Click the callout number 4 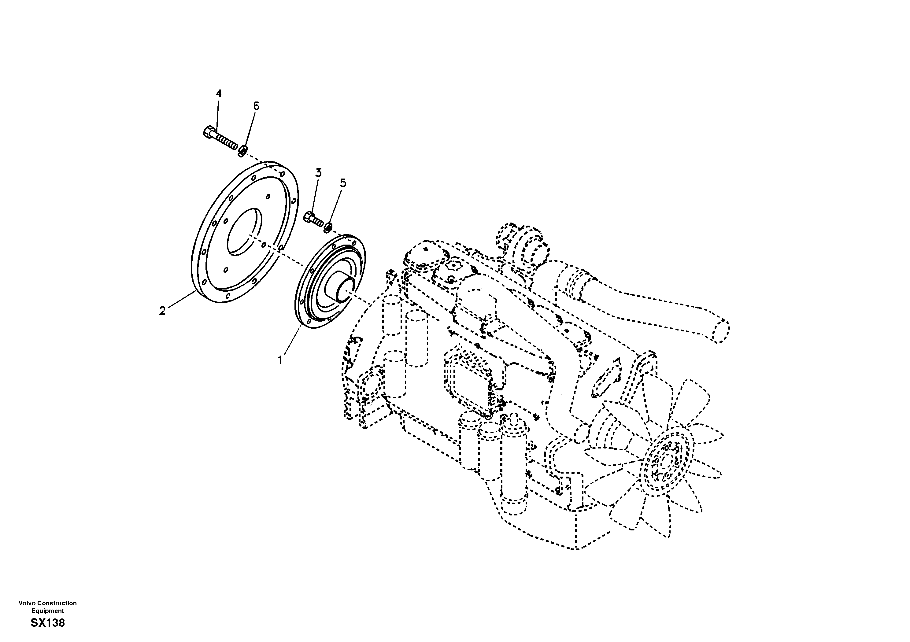(x=218, y=94)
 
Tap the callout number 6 (x=256, y=106)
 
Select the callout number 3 (x=318, y=172)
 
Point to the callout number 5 (x=343, y=183)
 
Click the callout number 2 (x=162, y=311)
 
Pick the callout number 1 (x=280, y=360)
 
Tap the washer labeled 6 (x=243, y=150)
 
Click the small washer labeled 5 (x=328, y=227)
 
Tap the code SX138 (x=48, y=623)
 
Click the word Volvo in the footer (x=27, y=603)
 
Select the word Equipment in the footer (x=48, y=611)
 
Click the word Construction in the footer (x=57, y=603)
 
